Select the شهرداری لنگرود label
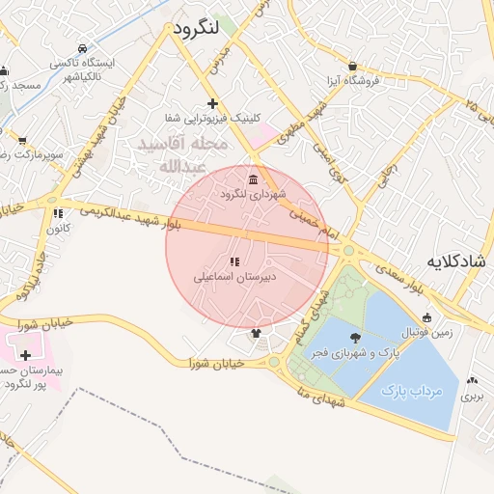coord(253,194)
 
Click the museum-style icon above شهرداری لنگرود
coord(253,180)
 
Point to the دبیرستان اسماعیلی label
coord(234,276)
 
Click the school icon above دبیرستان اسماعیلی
coord(233,261)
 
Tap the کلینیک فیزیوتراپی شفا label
coord(212,118)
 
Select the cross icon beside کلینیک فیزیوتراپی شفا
coord(212,103)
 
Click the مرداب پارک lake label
coord(410,392)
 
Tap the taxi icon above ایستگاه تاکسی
coord(83,48)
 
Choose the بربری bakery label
coord(471,396)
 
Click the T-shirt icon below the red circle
coord(256,334)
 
